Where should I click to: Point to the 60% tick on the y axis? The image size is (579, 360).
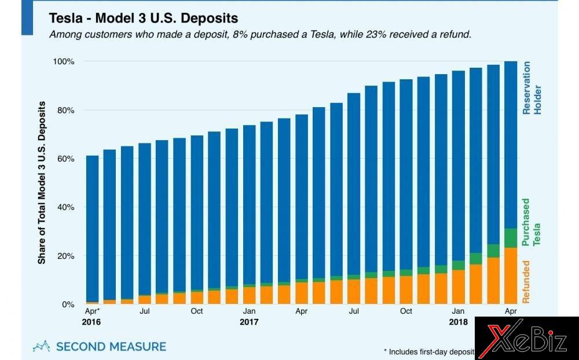pyautogui.click(x=65, y=159)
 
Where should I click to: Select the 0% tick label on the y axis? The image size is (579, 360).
pyautogui.click(x=68, y=304)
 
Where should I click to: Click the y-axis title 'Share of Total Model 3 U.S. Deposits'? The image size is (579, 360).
pyautogui.click(x=42, y=182)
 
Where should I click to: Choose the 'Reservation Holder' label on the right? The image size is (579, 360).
pyautogui.click(x=531, y=88)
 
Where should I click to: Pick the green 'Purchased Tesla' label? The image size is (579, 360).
pyautogui.click(x=531, y=222)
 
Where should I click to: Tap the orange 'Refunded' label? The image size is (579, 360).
pyautogui.click(x=526, y=282)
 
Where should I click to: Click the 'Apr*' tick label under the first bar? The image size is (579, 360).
pyautogui.click(x=92, y=311)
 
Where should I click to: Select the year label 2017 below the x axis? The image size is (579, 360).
pyautogui.click(x=249, y=322)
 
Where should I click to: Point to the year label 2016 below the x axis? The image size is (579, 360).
pyautogui.click(x=92, y=322)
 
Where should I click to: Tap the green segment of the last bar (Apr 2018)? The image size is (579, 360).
pyautogui.click(x=511, y=238)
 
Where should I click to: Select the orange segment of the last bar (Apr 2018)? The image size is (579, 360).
pyautogui.click(x=511, y=275)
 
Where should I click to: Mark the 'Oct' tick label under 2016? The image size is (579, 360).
pyautogui.click(x=197, y=311)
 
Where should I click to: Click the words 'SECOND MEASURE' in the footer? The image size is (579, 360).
pyautogui.click(x=111, y=347)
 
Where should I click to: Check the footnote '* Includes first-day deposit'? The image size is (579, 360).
pyautogui.click(x=428, y=351)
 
